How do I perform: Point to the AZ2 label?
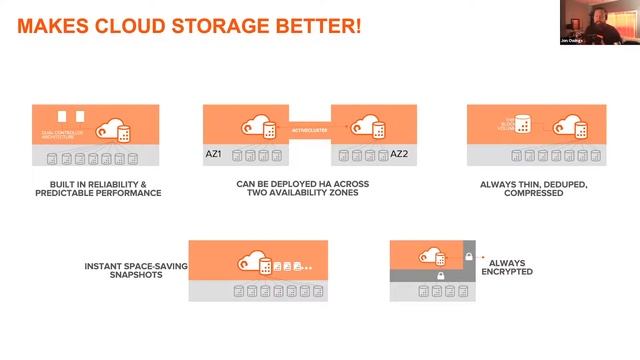point(399,154)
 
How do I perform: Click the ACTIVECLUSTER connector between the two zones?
point(310,128)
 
